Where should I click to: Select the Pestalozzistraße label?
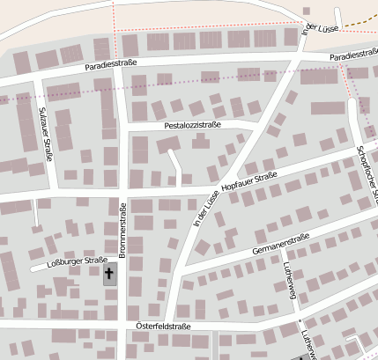(x=192, y=126)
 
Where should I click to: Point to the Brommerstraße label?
(x=123, y=229)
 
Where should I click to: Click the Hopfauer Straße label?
(x=250, y=183)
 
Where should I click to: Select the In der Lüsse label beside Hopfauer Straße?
(x=205, y=207)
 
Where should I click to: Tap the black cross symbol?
(x=109, y=275)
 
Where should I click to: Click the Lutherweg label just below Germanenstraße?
(x=289, y=285)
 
